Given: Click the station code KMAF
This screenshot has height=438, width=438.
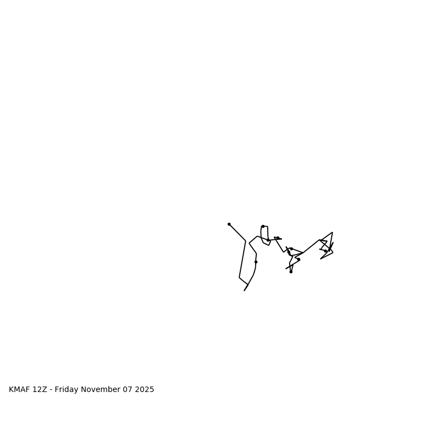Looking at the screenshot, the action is pos(20,390).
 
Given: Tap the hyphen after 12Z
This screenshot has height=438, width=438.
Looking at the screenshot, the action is pos(51,390).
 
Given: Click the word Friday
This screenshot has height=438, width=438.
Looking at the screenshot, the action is pos(67,390).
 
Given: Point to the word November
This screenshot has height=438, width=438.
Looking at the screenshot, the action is pos(102,390).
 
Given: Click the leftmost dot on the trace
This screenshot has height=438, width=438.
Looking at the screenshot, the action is pos(229,224).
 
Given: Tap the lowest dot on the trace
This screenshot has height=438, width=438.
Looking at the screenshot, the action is pos(291,272).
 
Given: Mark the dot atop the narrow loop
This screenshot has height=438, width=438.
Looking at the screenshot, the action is pos(263,226).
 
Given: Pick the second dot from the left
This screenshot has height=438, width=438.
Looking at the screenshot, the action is pos(256,262).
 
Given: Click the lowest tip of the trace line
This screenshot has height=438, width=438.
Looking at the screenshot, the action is pos(244,290).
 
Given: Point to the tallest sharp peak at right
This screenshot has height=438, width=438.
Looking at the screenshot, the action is pos(332,233).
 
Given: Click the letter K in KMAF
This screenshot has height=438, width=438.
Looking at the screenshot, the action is pos(11,390).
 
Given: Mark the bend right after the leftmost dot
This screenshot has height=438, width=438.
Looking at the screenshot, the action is pos(246,241).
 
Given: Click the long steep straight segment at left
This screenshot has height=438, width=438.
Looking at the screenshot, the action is pos(243,260).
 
